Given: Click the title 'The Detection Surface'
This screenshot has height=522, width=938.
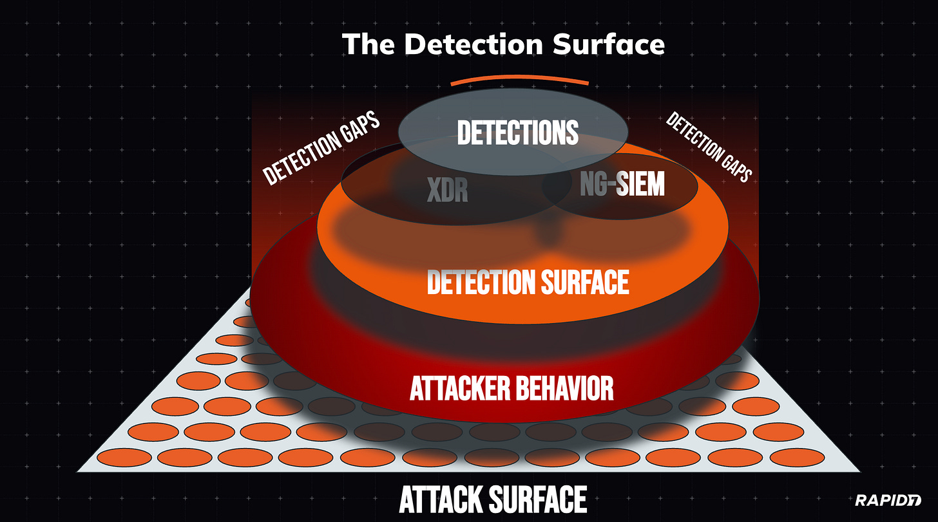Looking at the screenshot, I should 503,44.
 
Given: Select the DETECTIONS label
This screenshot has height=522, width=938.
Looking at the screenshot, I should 517,132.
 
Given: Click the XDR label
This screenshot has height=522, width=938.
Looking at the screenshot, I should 447,189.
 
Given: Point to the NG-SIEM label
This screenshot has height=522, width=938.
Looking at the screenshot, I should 622,185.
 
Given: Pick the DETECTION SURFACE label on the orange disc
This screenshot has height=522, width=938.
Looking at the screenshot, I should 528,282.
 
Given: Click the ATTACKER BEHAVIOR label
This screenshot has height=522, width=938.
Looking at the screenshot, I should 512,388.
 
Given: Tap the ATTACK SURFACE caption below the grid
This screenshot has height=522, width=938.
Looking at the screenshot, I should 493,499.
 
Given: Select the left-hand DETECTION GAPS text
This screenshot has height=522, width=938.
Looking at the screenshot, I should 320,149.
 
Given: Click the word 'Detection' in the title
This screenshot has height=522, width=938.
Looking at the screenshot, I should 470,44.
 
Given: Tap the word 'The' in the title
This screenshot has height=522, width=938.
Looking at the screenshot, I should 365,44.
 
